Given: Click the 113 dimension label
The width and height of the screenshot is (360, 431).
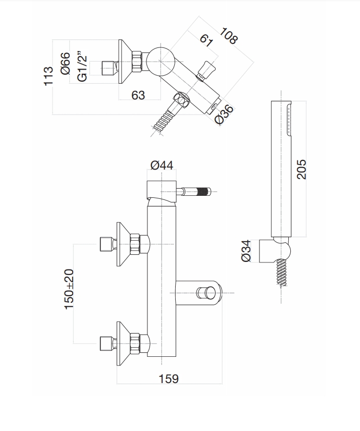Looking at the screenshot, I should coord(49,76).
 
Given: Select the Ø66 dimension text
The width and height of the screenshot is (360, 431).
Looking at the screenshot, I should coord(65,63).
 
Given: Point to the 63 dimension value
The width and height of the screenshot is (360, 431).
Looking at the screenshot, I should coord(138,94).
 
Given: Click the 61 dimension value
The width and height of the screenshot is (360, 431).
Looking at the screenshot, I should coord(205,40).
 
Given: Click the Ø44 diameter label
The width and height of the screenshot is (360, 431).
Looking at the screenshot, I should coord(162,165).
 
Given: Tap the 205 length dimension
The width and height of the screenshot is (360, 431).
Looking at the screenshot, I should coord(301,169).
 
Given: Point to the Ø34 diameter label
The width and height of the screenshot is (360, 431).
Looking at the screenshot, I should coord(246,250).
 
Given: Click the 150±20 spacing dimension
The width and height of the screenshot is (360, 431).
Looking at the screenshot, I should coord(69,289).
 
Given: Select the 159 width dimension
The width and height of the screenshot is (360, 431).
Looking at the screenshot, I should coord(169,378).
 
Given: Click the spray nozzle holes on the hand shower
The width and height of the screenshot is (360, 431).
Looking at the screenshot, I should coord(289,119).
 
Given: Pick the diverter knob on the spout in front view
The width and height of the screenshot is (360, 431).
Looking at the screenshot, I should coord(204,292).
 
